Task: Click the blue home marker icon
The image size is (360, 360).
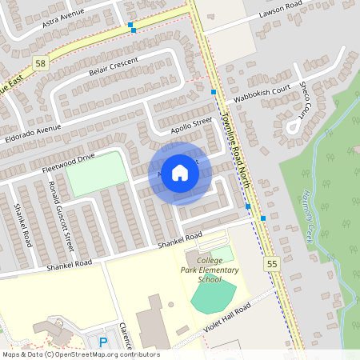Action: click(180, 172)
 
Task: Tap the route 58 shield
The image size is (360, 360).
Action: click(39, 62)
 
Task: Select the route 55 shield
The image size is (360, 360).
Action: click(272, 262)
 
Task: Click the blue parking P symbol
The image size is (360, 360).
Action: click(102, 342)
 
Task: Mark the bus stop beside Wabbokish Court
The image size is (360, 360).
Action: click(214, 92)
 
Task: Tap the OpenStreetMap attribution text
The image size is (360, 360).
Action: click(80, 354)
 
